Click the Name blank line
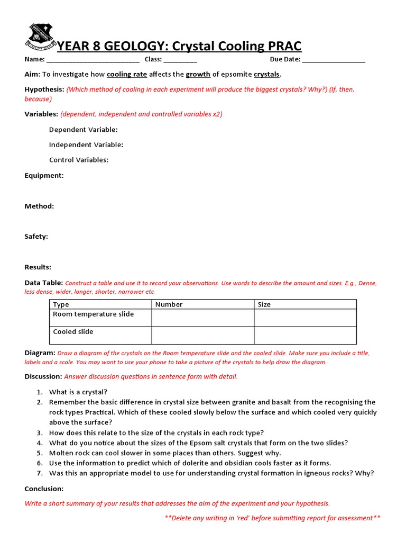(93, 60)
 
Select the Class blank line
(180, 60)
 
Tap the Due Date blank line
(334, 60)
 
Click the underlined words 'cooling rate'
(127, 74)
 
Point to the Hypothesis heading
(44, 89)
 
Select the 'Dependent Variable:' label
(83, 130)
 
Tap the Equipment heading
(44, 175)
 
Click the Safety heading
(36, 237)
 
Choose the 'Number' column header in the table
(169, 304)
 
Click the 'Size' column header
(264, 304)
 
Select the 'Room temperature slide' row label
(94, 314)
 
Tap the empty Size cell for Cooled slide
(305, 336)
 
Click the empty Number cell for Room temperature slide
(202, 318)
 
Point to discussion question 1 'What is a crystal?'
(78, 392)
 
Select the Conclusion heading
(44, 489)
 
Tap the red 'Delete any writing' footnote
(272, 518)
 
